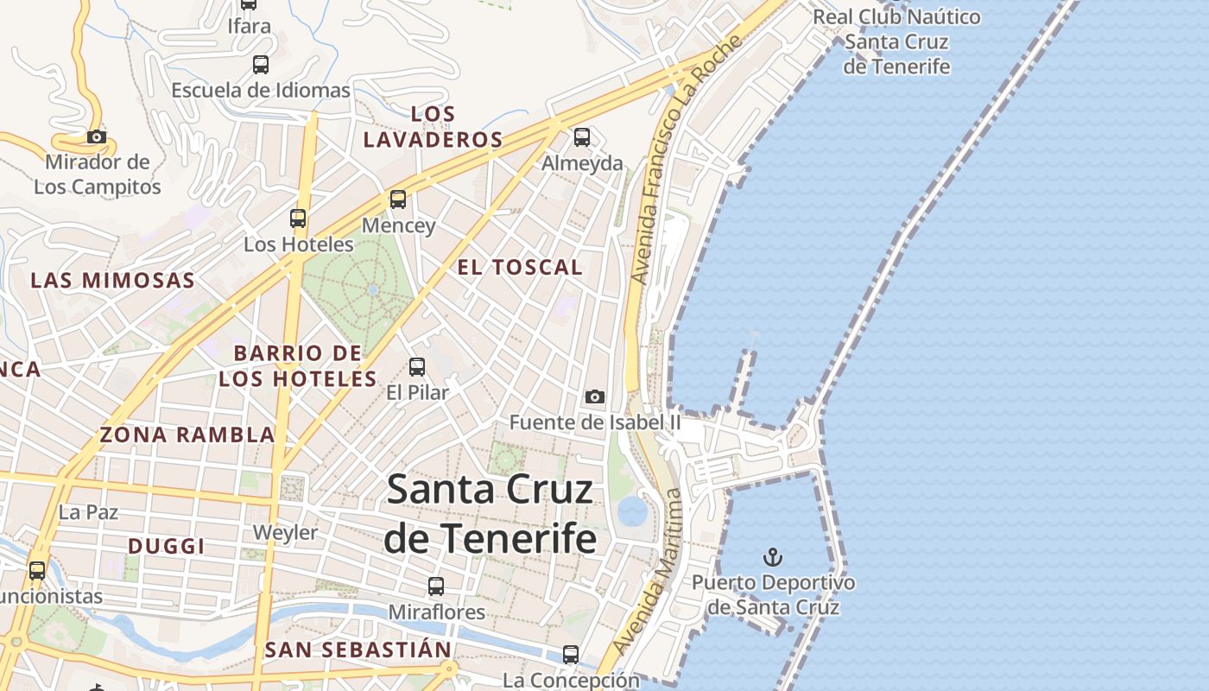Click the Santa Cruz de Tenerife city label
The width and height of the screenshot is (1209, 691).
(491, 513)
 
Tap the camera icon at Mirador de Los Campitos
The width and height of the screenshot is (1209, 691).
(97, 136)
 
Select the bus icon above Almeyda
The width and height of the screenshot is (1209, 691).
(582, 136)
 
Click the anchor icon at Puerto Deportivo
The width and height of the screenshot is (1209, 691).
(773, 556)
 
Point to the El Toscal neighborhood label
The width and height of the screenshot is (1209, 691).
(520, 268)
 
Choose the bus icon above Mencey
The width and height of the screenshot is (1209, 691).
(397, 200)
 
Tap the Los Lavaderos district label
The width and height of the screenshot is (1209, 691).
(434, 126)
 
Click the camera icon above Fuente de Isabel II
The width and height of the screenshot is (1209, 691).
(594, 396)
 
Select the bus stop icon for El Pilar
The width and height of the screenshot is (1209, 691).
(417, 367)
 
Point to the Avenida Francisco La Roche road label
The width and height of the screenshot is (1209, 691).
(686, 161)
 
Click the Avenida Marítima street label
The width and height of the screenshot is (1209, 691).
(648, 572)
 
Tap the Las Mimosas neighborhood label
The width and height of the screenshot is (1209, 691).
(113, 280)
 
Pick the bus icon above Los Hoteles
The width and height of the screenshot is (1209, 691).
(298, 219)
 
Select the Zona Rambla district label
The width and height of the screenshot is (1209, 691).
(187, 434)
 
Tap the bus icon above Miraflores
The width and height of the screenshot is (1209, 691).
(436, 586)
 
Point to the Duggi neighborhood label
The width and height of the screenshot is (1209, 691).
(167, 546)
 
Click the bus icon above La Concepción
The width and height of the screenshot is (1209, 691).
(571, 654)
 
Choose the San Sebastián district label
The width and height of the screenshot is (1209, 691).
(358, 650)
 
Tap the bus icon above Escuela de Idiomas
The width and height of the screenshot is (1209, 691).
(260, 64)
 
